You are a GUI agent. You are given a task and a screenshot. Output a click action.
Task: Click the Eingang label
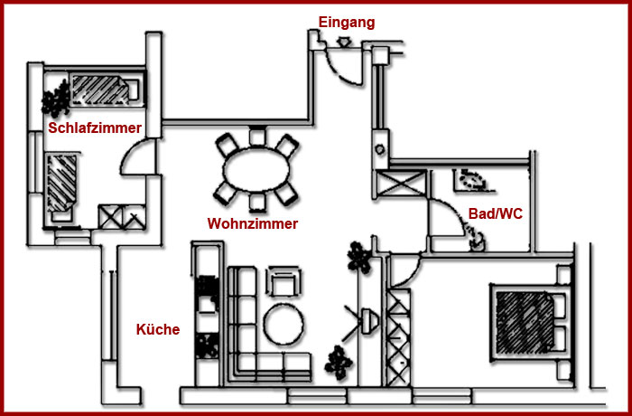click(x=347, y=23)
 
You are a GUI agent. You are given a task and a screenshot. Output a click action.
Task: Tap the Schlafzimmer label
click(x=95, y=128)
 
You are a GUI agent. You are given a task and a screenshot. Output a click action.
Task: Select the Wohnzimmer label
click(x=253, y=223)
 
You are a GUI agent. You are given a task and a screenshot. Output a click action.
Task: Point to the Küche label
click(x=158, y=329)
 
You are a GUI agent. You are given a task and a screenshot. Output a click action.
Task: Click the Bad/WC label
click(x=496, y=213)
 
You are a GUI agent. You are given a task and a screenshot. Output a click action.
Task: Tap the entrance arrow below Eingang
click(x=343, y=42)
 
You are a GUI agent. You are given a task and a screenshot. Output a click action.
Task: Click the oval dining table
click(x=256, y=170)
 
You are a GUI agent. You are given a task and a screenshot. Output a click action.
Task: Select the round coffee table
click(x=283, y=325)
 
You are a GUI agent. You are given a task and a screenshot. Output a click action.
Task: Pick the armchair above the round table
click(x=283, y=280)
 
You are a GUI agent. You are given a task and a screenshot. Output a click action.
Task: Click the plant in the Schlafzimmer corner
click(x=56, y=99)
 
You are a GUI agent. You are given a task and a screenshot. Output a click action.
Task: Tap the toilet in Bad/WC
click(x=476, y=239)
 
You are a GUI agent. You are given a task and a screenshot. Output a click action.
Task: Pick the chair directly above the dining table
click(x=257, y=137)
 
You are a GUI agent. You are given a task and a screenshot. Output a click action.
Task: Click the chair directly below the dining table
click(x=257, y=203)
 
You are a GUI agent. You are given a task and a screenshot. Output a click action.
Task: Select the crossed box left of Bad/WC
click(x=401, y=184)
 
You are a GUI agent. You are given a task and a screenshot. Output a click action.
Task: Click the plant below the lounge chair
click(x=339, y=363)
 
